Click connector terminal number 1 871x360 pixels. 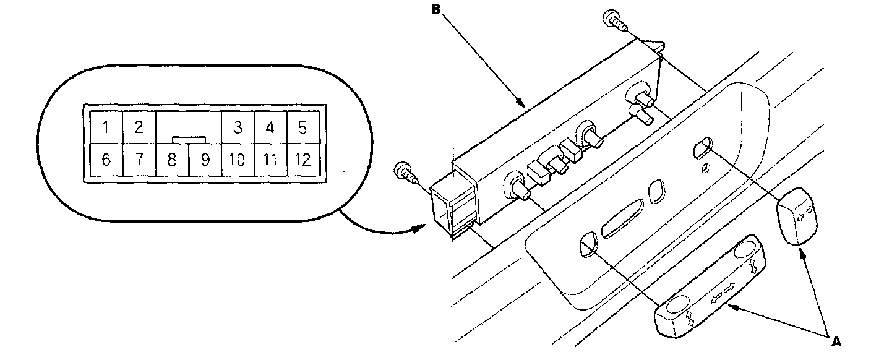tap(106, 128)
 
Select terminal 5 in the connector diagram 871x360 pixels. tap(302, 128)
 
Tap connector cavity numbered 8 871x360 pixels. tap(172, 160)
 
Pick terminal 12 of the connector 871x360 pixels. tap(302, 160)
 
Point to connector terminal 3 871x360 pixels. tap(238, 128)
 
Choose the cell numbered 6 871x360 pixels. tap(106, 160)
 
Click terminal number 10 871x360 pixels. tap(238, 160)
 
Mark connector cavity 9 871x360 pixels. tap(205, 160)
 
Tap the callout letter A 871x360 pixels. tap(835, 340)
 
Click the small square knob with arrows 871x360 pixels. tap(799, 216)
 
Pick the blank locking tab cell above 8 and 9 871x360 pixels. tap(189, 127)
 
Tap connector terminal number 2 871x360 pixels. tap(139, 128)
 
